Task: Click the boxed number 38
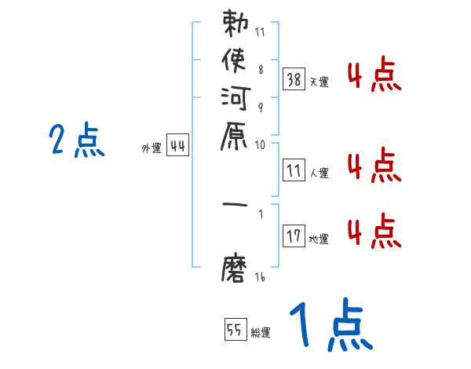pyautogui.click(x=294, y=79)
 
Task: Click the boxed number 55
pyautogui.click(x=235, y=330)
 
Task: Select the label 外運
pyautogui.click(x=151, y=148)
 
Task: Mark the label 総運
pyautogui.click(x=260, y=334)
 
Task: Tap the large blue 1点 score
pyautogui.click(x=330, y=326)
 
